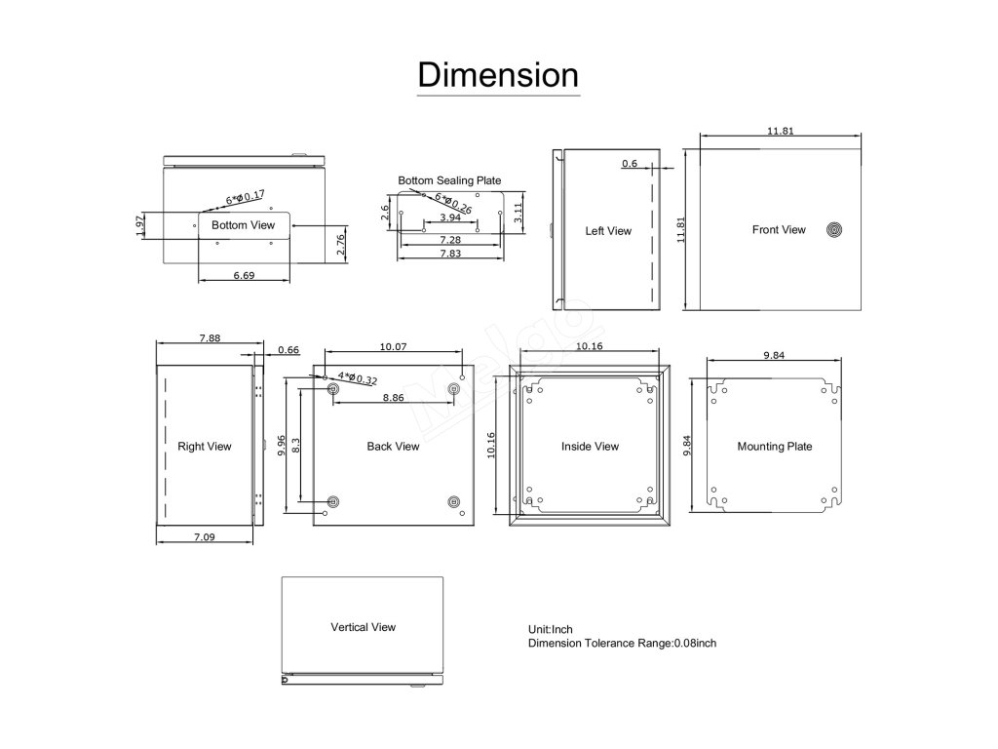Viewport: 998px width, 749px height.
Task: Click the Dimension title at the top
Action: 498,74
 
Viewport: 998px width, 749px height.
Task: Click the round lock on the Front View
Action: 834,231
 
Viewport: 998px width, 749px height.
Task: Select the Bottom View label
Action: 244,225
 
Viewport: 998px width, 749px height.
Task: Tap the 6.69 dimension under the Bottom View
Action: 244,276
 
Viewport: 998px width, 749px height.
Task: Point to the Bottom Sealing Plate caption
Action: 449,180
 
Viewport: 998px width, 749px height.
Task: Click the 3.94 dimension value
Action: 450,217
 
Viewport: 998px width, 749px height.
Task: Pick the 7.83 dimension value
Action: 450,254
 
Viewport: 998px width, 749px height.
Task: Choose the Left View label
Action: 608,231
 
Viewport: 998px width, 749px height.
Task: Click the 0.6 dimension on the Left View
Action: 629,164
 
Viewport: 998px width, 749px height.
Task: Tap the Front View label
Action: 779,230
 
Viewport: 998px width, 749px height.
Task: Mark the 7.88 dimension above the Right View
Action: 210,338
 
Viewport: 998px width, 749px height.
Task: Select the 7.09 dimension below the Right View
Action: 205,536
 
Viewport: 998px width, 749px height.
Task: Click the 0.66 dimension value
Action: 288,350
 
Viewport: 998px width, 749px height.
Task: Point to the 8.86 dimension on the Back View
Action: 394,398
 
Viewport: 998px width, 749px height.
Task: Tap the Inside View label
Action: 590,447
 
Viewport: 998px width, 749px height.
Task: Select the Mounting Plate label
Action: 774,447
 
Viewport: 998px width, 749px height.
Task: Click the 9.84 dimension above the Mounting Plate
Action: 774,356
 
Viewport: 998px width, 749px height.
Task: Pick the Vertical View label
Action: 363,627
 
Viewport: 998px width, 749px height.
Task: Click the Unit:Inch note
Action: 557,630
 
